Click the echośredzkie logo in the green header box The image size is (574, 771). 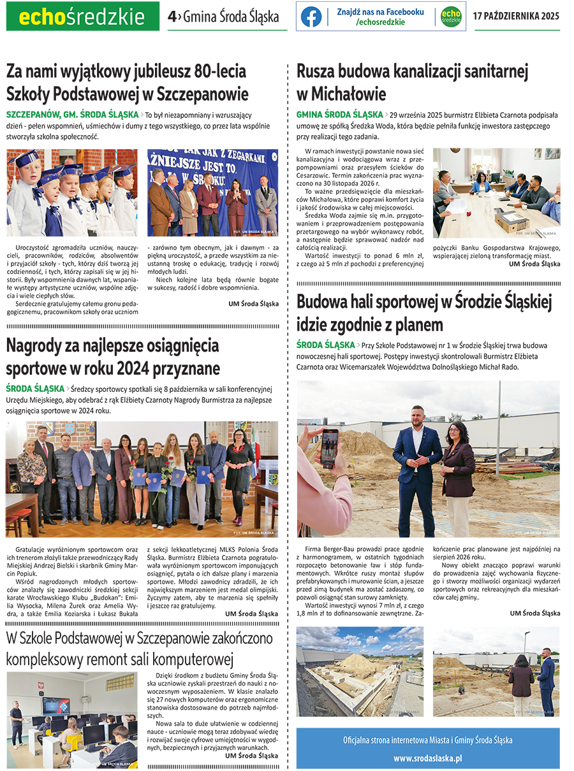82,17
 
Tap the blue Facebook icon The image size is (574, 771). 311,17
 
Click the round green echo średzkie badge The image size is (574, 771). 451,17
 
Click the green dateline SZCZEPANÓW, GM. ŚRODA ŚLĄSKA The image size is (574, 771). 72,115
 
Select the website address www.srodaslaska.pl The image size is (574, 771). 427,758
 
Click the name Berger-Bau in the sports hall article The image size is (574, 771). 342,549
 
